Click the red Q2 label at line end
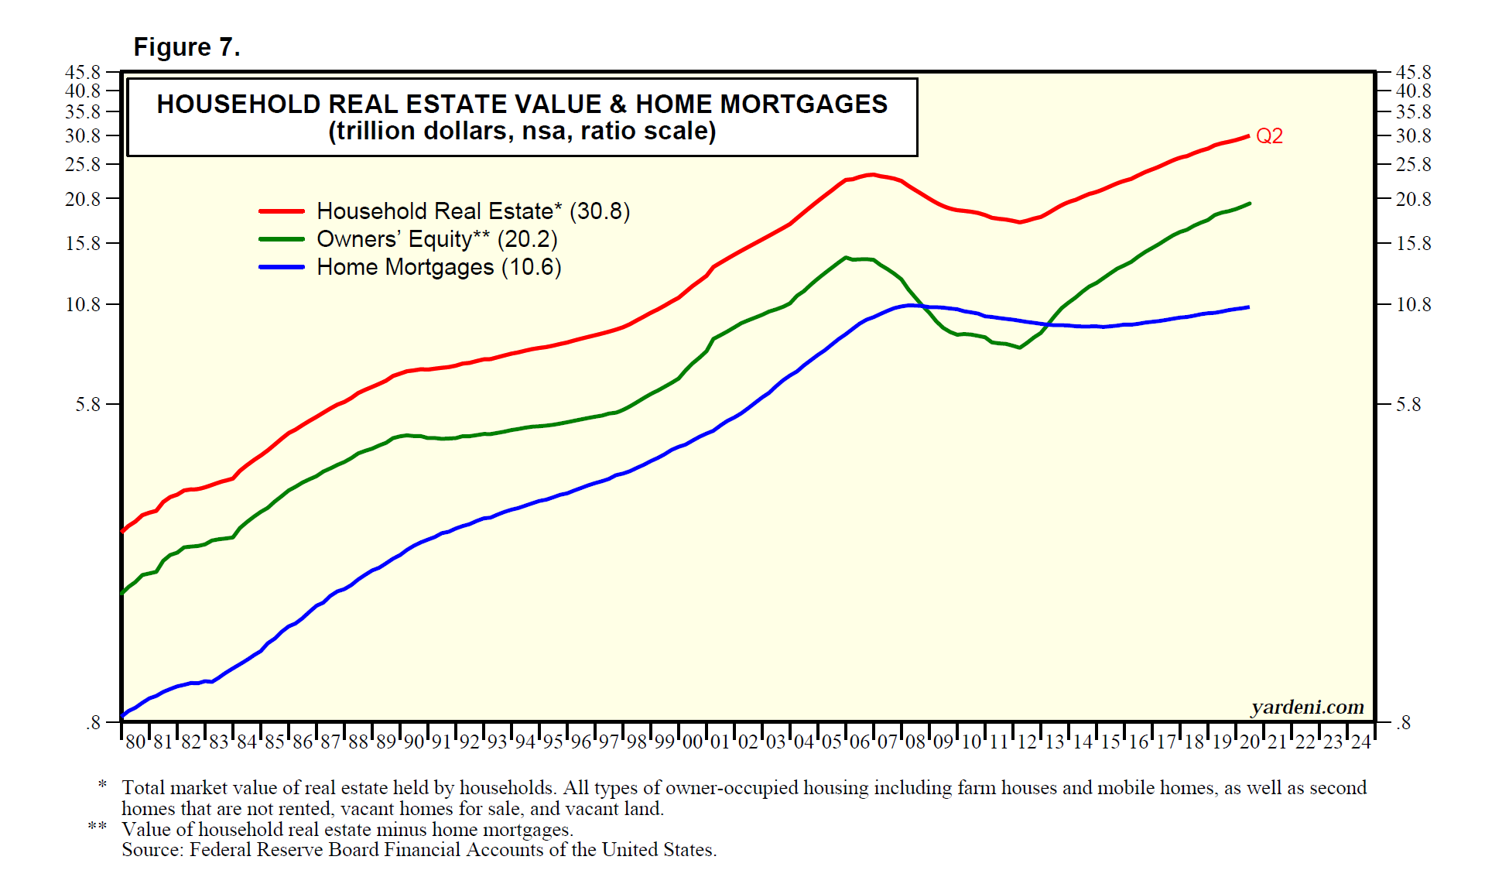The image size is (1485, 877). (1269, 136)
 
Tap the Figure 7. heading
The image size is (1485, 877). (186, 47)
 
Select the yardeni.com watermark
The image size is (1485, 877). (1307, 707)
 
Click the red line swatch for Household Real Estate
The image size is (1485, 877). (282, 211)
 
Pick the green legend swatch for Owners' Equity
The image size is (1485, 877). (282, 239)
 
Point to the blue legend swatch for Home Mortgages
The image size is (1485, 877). (282, 267)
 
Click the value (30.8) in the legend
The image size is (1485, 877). (600, 211)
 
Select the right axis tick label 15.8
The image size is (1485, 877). (1413, 244)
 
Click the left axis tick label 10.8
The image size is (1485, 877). (83, 305)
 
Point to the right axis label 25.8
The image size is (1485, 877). (1413, 165)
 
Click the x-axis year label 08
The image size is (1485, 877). (915, 742)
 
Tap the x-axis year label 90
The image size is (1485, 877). (414, 742)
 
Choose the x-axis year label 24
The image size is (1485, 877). (1361, 742)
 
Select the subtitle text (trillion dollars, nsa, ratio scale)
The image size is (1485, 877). (522, 131)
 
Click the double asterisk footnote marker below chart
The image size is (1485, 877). (98, 827)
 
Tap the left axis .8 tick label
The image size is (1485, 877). (94, 723)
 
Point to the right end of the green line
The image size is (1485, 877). (1250, 204)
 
